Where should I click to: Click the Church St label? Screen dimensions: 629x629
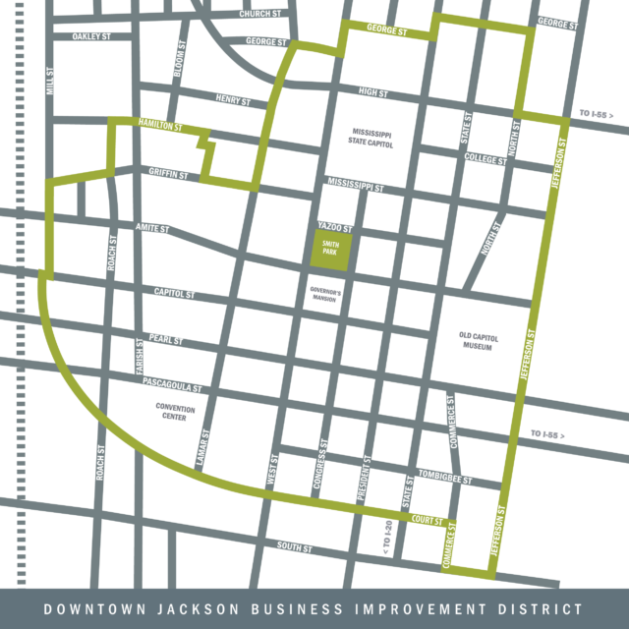tap(261, 15)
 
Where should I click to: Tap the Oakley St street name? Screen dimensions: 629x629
tap(91, 37)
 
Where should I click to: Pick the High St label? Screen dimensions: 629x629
tap(373, 93)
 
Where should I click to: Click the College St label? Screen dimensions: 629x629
tap(485, 157)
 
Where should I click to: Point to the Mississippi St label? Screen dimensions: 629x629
tap(356, 186)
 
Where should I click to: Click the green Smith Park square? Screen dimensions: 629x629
tap(331, 251)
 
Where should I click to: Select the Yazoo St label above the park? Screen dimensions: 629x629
tap(334, 227)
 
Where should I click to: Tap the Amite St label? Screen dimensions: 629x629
tap(153, 228)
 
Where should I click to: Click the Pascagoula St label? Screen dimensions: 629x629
tap(173, 382)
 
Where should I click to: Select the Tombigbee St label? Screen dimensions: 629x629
tap(445, 476)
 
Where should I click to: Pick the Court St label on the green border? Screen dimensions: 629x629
tap(428, 517)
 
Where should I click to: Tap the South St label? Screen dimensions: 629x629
tap(295, 546)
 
